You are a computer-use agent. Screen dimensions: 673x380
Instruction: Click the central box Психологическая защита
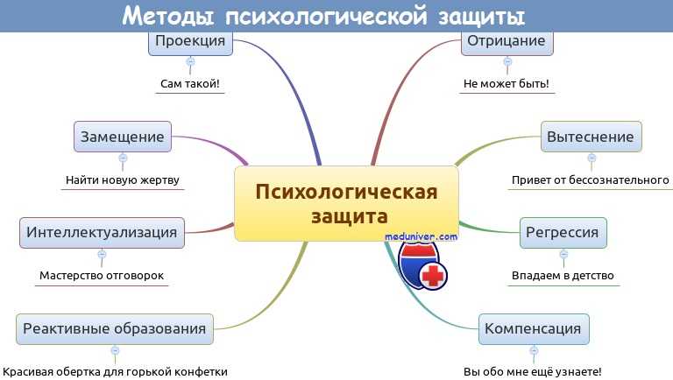(346, 203)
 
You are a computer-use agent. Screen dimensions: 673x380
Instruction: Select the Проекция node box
(190, 43)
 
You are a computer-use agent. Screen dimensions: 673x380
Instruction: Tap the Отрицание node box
(507, 43)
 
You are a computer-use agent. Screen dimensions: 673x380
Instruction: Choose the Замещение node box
(123, 137)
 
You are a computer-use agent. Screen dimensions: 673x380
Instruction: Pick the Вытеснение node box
(591, 137)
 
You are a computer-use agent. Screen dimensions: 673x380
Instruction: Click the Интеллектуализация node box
(103, 232)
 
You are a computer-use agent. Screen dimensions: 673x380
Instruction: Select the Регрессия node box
(563, 232)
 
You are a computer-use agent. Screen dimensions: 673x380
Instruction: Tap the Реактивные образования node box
(115, 329)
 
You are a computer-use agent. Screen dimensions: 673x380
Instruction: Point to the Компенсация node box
(534, 329)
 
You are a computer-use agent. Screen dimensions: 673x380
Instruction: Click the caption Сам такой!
(189, 84)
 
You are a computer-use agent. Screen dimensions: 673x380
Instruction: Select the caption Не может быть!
(507, 84)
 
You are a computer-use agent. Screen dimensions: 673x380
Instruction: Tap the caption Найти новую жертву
(123, 180)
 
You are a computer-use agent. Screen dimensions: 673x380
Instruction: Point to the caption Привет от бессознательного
(590, 180)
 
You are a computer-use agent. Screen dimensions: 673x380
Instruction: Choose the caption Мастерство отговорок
(102, 275)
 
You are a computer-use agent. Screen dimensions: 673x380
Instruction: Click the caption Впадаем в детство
(563, 275)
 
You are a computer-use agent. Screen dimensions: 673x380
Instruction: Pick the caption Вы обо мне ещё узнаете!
(533, 371)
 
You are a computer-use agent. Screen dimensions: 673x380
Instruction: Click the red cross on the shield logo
(433, 275)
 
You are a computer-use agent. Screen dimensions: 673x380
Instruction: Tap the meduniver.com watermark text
(421, 236)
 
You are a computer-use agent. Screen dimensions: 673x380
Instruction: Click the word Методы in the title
(168, 17)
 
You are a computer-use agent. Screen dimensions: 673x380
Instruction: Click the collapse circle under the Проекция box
(190, 62)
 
